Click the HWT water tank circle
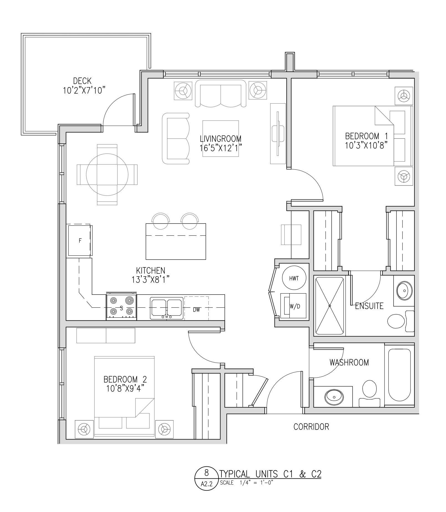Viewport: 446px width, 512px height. pyautogui.click(x=294, y=278)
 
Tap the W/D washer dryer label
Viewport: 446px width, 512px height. pyautogui.click(x=295, y=307)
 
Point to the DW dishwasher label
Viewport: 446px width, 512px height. pyautogui.click(x=196, y=310)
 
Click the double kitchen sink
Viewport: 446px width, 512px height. pyautogui.click(x=167, y=308)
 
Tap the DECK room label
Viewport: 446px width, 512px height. pyautogui.click(x=82, y=81)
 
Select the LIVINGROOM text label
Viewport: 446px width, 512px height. pyautogui.click(x=221, y=138)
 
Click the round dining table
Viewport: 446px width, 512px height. pyautogui.click(x=107, y=174)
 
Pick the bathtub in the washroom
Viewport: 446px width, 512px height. pyautogui.click(x=399, y=375)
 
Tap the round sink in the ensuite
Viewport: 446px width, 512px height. pyautogui.click(x=404, y=290)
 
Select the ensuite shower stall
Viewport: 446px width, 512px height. pyautogui.click(x=330, y=306)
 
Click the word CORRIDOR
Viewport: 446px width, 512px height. pyautogui.click(x=311, y=426)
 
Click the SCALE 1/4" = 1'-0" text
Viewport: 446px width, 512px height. pyautogui.click(x=247, y=483)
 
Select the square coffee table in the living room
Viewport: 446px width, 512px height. pyautogui.click(x=221, y=138)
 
